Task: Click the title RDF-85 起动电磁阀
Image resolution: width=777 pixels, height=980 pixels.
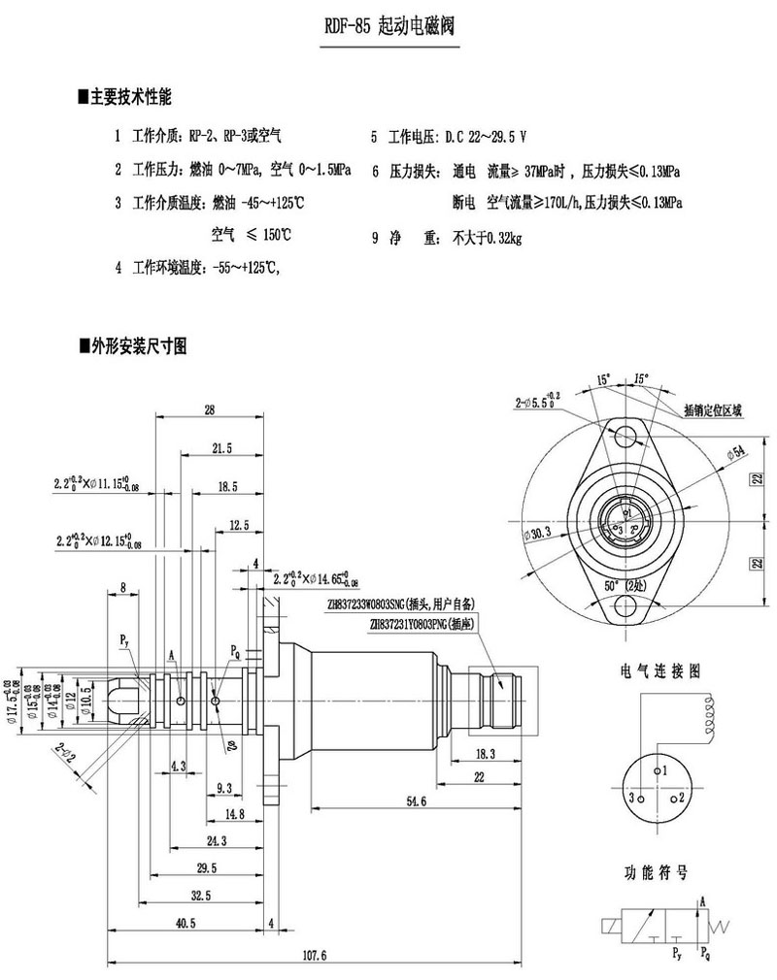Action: click(388, 28)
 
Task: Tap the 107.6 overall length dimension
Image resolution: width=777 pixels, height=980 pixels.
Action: click(315, 955)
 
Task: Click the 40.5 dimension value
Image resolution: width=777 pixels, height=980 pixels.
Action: click(186, 924)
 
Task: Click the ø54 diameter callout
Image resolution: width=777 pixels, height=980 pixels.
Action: click(735, 450)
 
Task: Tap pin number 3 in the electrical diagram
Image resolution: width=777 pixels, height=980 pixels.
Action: click(631, 798)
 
